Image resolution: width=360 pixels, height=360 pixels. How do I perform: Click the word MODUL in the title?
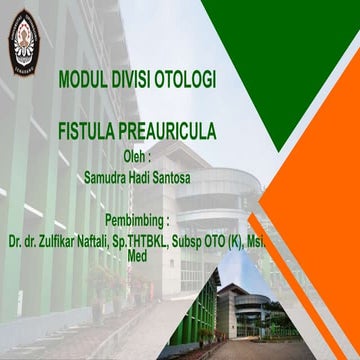click(x=83, y=77)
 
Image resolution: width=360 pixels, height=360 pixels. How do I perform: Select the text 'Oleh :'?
click(x=136, y=156)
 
